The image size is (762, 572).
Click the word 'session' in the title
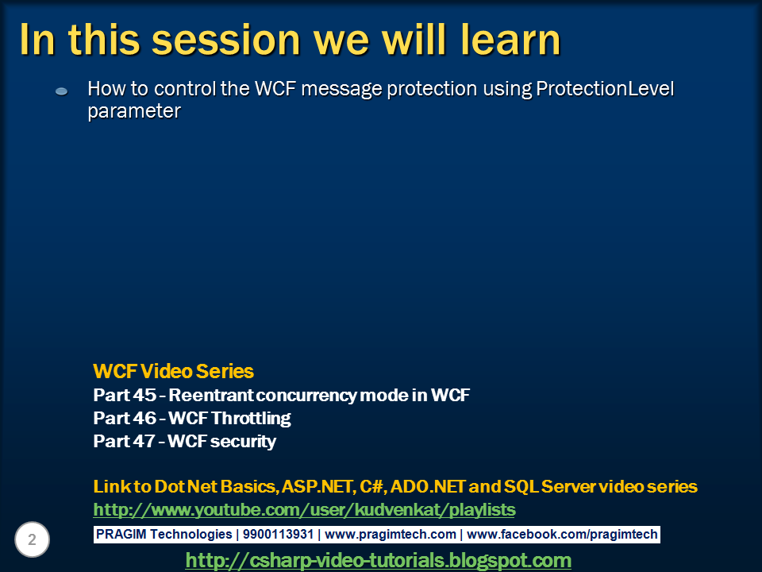[226, 40]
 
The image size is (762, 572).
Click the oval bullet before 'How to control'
[61, 91]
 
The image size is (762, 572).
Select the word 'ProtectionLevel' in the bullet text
[605, 88]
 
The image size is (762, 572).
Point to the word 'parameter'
[134, 111]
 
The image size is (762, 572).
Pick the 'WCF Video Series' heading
[173, 371]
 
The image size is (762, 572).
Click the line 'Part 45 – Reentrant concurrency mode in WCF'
[281, 395]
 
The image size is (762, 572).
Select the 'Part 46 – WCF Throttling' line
[192, 419]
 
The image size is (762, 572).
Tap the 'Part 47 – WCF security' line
[185, 441]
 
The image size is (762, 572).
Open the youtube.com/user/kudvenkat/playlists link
[304, 510]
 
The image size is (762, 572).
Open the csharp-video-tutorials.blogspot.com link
[378, 560]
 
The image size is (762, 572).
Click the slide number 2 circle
[32, 539]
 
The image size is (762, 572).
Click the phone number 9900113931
[278, 534]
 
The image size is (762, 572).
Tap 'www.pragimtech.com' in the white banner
[391, 534]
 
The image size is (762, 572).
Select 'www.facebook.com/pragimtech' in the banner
[562, 534]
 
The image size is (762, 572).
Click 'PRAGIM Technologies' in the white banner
[164, 534]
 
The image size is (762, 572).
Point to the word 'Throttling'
[251, 419]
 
